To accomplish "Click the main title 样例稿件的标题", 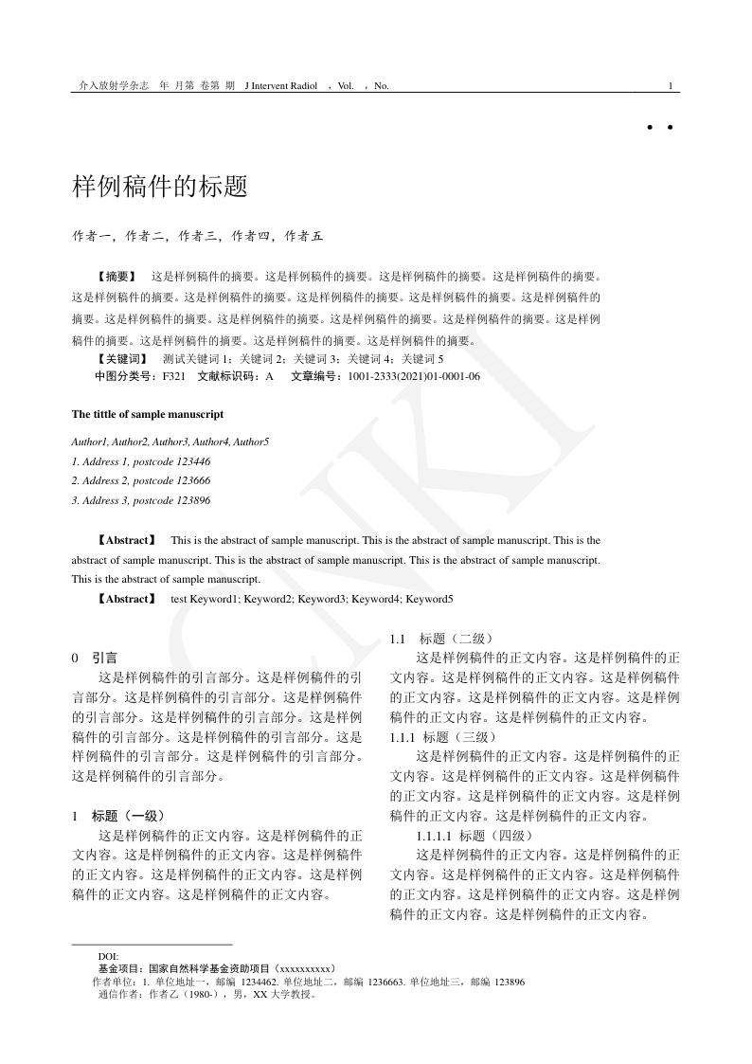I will coord(159,187).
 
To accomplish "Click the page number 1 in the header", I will coord(671,86).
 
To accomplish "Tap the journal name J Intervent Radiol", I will coord(281,86).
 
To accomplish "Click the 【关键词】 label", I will coord(122,359).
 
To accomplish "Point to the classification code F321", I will coord(173,376).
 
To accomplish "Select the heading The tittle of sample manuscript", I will coord(147,414).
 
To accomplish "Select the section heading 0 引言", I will coord(95,657).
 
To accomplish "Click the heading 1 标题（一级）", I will coord(118,815).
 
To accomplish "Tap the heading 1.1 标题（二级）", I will coord(441,639).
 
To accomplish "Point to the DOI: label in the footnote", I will coord(108,957).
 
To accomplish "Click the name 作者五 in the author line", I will coord(304,236).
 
